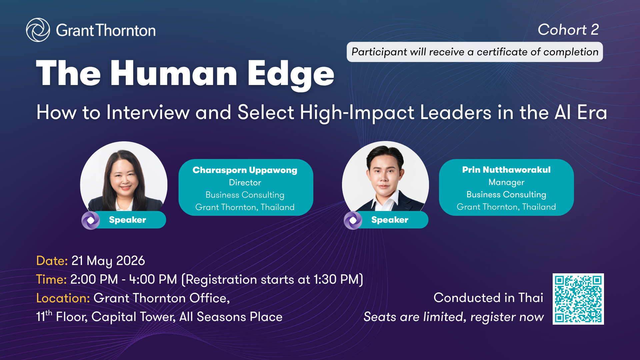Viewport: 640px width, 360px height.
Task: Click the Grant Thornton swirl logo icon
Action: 38,30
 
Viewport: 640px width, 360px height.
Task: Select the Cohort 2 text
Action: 568,30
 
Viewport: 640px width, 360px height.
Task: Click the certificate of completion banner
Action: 475,52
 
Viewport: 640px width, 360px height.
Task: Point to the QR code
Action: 578,299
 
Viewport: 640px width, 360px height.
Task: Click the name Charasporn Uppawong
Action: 245,170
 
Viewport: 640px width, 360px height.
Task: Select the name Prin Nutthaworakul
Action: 506,170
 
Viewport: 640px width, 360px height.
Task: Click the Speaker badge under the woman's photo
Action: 124,220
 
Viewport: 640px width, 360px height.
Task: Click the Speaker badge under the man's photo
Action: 386,220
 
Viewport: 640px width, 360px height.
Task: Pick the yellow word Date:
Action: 52,261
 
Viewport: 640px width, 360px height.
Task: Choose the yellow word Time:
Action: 51,279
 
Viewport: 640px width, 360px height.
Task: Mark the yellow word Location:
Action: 63,298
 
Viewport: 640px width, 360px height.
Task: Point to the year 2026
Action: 130,261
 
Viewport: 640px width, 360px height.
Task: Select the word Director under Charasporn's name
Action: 245,183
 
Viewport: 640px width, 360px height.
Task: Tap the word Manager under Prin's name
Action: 506,182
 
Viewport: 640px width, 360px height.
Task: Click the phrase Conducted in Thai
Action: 488,298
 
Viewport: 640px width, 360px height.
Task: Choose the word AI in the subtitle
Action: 563,112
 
